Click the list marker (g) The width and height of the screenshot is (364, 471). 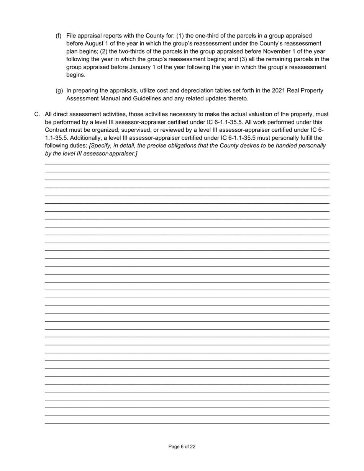pyautogui.click(x=59, y=91)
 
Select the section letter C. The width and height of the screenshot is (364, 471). pyautogui.click(x=37, y=114)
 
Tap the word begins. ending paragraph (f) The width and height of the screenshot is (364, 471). pyautogui.click(x=76, y=75)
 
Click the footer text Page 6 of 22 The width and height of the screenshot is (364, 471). pyautogui.click(x=182, y=446)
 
